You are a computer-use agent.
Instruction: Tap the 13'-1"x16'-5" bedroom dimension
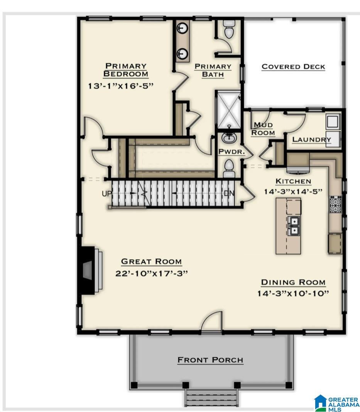[121, 86]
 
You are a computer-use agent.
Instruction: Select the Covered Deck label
[293, 67]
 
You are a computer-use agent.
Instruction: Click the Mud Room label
[263, 129]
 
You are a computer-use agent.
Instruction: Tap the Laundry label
[311, 140]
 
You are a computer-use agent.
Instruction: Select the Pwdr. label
[232, 152]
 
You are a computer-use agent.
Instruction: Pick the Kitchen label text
[293, 181]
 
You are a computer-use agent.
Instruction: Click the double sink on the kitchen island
[294, 226]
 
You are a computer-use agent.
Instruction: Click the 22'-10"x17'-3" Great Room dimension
[151, 274]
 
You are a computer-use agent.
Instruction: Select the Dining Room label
[293, 282]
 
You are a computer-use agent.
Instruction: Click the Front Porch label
[210, 360]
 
